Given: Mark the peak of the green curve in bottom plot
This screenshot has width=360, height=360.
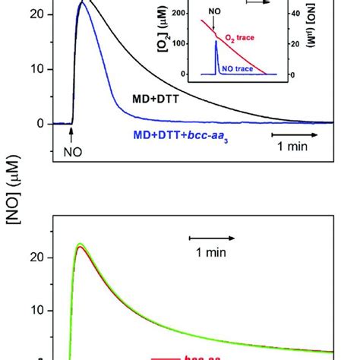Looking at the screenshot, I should point(79,245).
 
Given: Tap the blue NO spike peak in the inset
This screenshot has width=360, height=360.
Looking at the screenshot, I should point(216,43).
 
